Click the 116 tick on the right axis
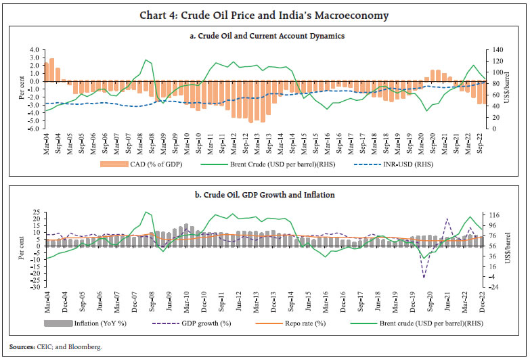[493, 215]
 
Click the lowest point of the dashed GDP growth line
[424, 277]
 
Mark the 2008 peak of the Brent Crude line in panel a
[146, 60]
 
